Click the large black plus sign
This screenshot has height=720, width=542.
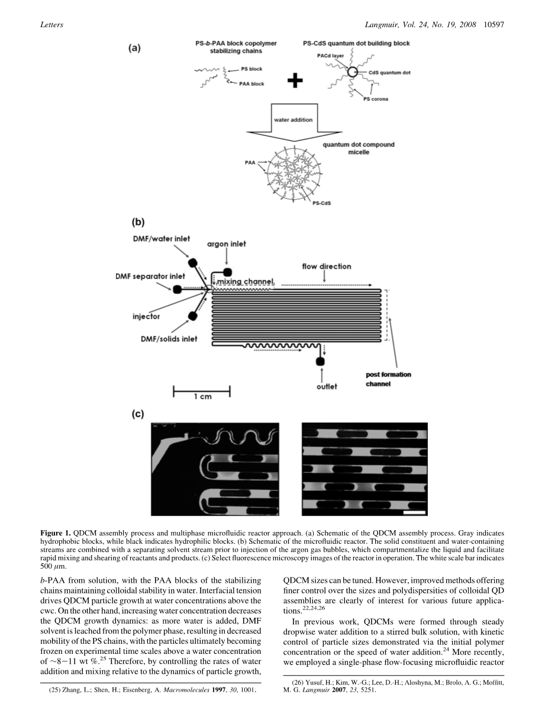click(295, 80)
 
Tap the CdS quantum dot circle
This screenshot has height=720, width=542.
click(353, 72)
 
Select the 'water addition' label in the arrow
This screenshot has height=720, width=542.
click(293, 120)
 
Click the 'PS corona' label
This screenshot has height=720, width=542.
click(376, 99)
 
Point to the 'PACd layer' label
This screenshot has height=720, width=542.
click(330, 56)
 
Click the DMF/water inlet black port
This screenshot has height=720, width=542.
click(192, 262)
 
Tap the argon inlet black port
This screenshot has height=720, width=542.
click(227, 272)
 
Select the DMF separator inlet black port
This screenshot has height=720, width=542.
click(177, 289)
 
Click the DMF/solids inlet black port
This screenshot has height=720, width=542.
click(192, 316)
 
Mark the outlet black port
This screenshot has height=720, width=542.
click(320, 361)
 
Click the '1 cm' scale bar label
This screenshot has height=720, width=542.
click(202, 397)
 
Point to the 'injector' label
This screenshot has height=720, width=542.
click(146, 316)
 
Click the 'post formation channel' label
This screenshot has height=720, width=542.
click(388, 379)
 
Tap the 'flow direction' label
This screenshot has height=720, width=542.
click(327, 267)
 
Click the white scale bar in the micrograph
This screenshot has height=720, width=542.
click(414, 513)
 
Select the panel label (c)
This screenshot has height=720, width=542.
click(138, 414)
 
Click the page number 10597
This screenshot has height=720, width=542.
click(493, 25)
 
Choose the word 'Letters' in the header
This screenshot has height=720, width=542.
click(52, 25)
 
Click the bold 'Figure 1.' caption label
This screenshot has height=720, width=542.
click(56, 533)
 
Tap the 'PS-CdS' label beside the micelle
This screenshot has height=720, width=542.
click(322, 203)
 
